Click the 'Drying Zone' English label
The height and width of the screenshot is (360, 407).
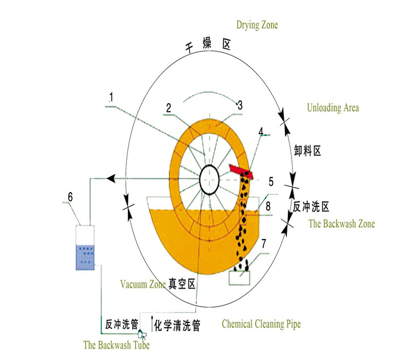pyautogui.click(x=257, y=25)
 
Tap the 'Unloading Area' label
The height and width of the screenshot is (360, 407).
pyautogui.click(x=333, y=108)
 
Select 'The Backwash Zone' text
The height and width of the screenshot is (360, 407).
pyautogui.click(x=342, y=223)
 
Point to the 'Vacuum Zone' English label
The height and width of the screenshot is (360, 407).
pyautogui.click(x=143, y=284)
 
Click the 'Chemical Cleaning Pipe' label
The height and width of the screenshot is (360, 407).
pyautogui.click(x=261, y=324)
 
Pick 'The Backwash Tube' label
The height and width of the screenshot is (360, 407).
pyautogui.click(x=116, y=345)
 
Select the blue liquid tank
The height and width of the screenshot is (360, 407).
pyautogui.click(x=84, y=256)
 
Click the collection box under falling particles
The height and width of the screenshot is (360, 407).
pyautogui.click(x=240, y=277)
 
